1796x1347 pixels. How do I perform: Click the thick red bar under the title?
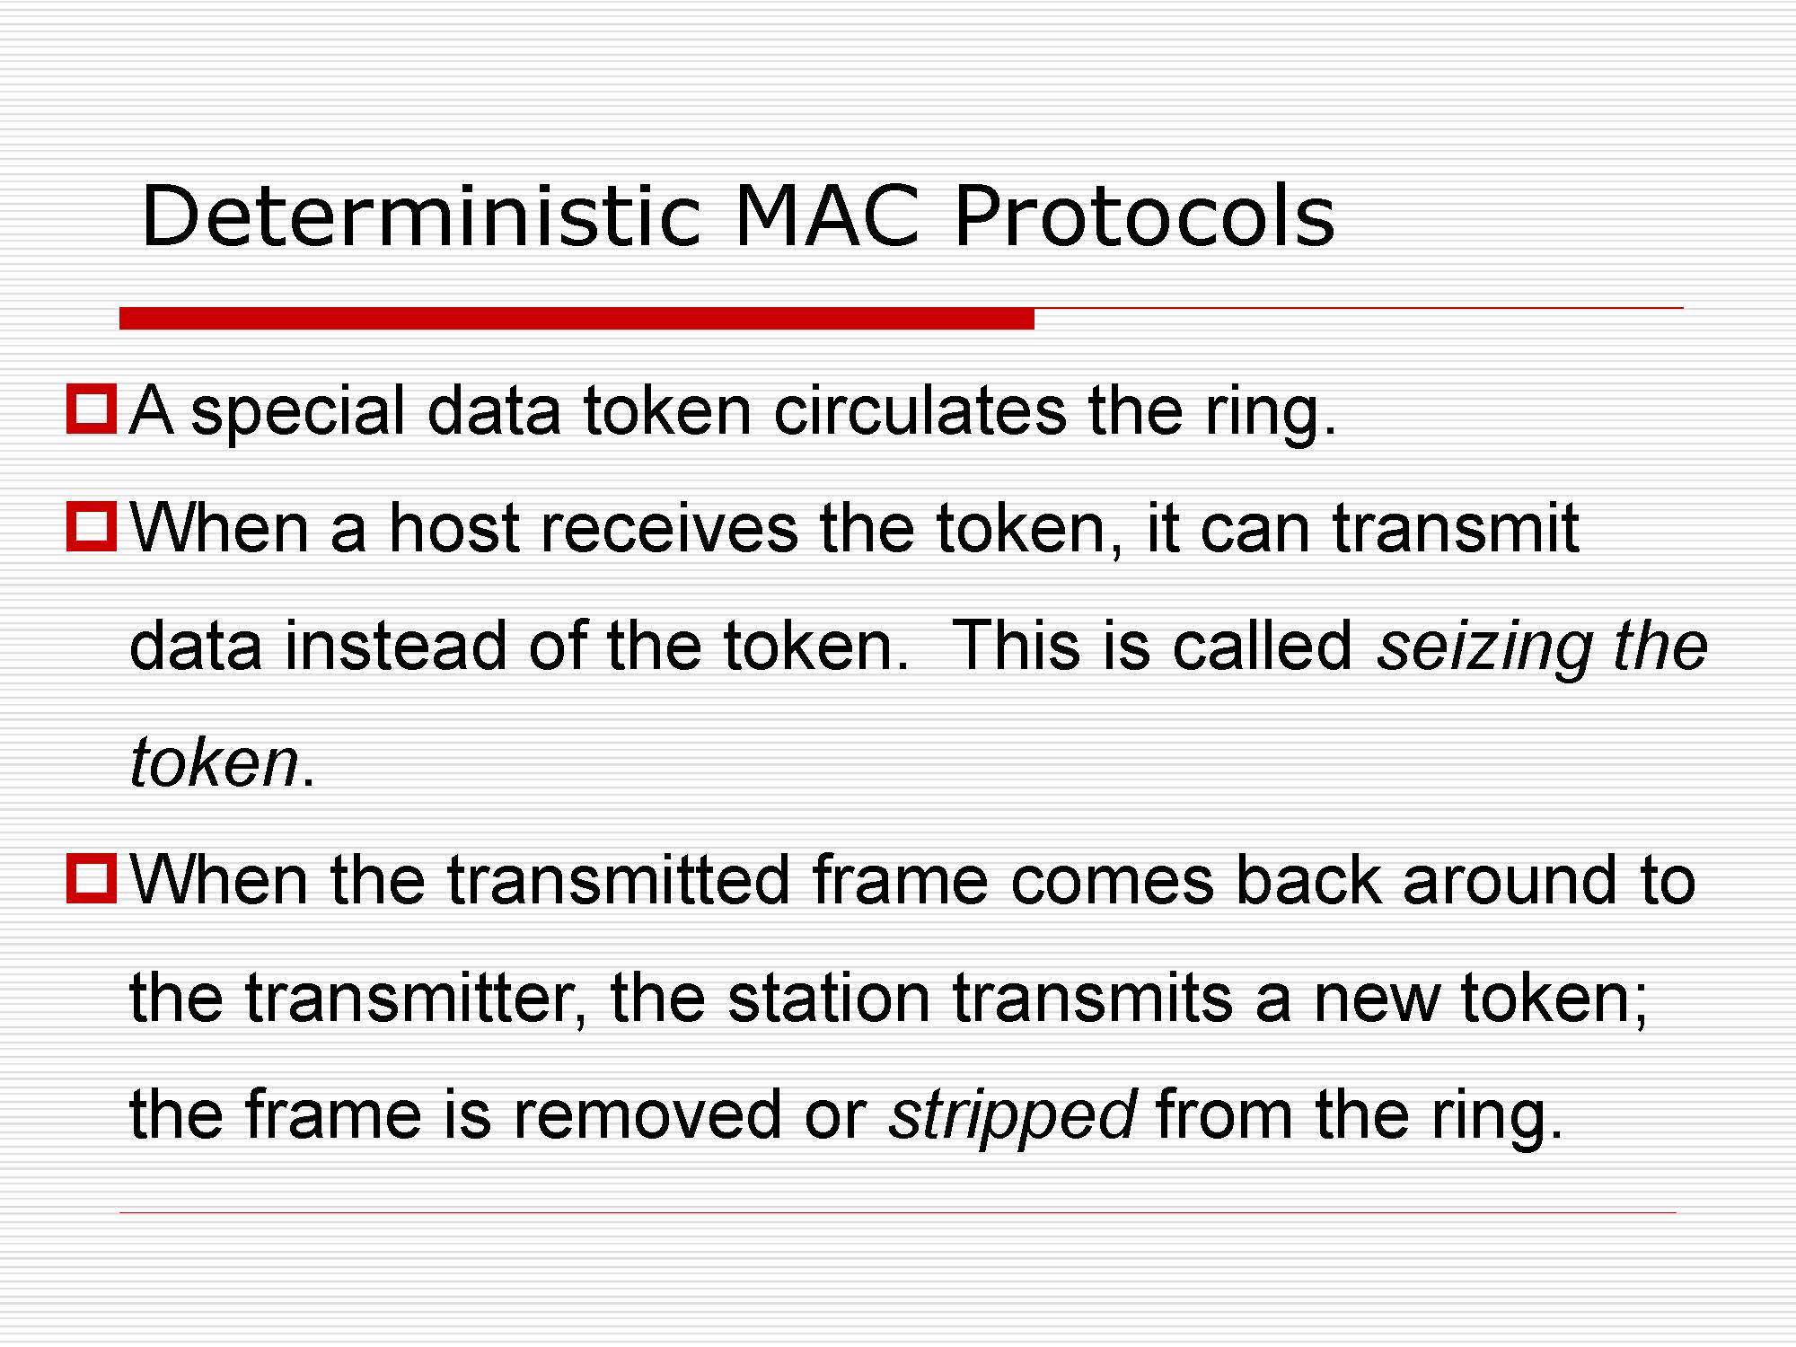(x=577, y=318)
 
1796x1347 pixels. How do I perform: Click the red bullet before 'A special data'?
(x=92, y=409)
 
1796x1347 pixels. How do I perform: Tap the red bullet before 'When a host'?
(x=92, y=527)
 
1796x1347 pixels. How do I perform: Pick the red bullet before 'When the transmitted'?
(x=92, y=878)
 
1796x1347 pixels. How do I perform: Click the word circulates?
(x=920, y=410)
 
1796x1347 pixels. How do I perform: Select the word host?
(x=455, y=527)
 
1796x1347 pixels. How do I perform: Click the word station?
(x=829, y=998)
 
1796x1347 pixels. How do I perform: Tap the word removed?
(x=647, y=1114)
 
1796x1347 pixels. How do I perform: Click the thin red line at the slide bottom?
(x=898, y=1213)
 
